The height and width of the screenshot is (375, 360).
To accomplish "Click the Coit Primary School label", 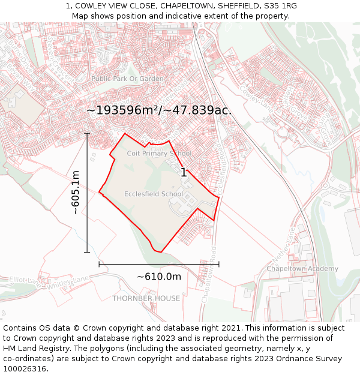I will tap(159, 153).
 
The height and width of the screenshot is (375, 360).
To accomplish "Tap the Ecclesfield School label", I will tap(154, 194).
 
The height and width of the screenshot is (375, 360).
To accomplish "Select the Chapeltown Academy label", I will tap(302, 269).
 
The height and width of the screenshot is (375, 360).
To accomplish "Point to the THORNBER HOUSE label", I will tap(146, 298).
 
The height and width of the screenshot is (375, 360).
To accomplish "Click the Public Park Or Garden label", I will tap(127, 79).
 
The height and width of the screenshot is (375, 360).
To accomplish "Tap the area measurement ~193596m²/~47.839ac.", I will tap(159, 110).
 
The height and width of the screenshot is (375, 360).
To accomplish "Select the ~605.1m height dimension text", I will tap(76, 193).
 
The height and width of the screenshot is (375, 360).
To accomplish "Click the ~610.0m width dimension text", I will tap(159, 277).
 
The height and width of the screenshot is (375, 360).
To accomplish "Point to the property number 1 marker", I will tap(183, 172).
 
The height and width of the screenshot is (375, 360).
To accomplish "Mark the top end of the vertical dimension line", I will tap(87, 133).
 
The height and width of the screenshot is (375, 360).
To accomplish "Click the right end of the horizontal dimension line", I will tap(219, 264).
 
